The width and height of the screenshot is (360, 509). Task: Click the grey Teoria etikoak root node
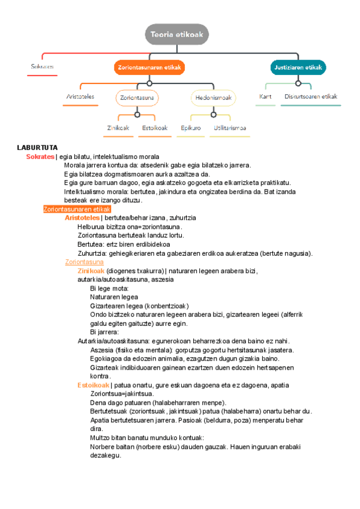click(x=177, y=34)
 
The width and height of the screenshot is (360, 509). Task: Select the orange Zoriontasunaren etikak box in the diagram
click(x=149, y=67)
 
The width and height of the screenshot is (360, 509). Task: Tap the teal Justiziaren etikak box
click(x=298, y=67)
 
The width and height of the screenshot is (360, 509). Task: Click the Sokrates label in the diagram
click(x=43, y=67)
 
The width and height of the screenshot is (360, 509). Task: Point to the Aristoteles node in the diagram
click(x=80, y=96)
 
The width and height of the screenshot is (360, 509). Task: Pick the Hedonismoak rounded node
click(x=214, y=97)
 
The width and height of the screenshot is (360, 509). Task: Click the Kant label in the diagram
click(x=266, y=96)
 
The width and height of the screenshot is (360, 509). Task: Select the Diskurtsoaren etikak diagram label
click(x=311, y=96)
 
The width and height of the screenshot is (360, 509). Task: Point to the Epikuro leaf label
click(x=190, y=128)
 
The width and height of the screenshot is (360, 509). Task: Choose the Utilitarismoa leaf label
click(x=230, y=128)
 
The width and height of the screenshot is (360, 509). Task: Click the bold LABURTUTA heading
click(x=37, y=147)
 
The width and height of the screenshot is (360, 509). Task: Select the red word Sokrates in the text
click(x=40, y=157)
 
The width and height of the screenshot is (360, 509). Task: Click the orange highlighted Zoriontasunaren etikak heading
click(x=77, y=209)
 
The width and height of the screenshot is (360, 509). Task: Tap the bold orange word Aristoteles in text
click(x=82, y=218)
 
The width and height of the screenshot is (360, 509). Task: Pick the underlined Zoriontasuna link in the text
click(x=84, y=262)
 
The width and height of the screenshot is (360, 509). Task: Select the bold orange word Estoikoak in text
click(x=93, y=385)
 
